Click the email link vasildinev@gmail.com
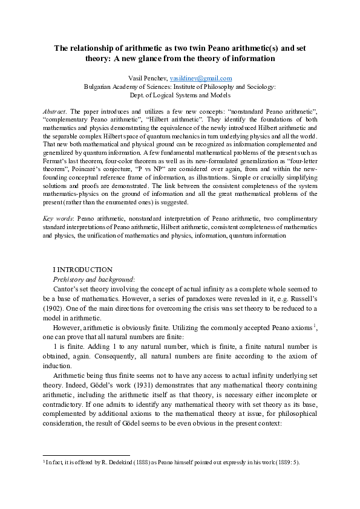click(201, 79)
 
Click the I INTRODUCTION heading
click(83, 269)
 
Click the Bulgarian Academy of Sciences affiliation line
click(180, 86)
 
